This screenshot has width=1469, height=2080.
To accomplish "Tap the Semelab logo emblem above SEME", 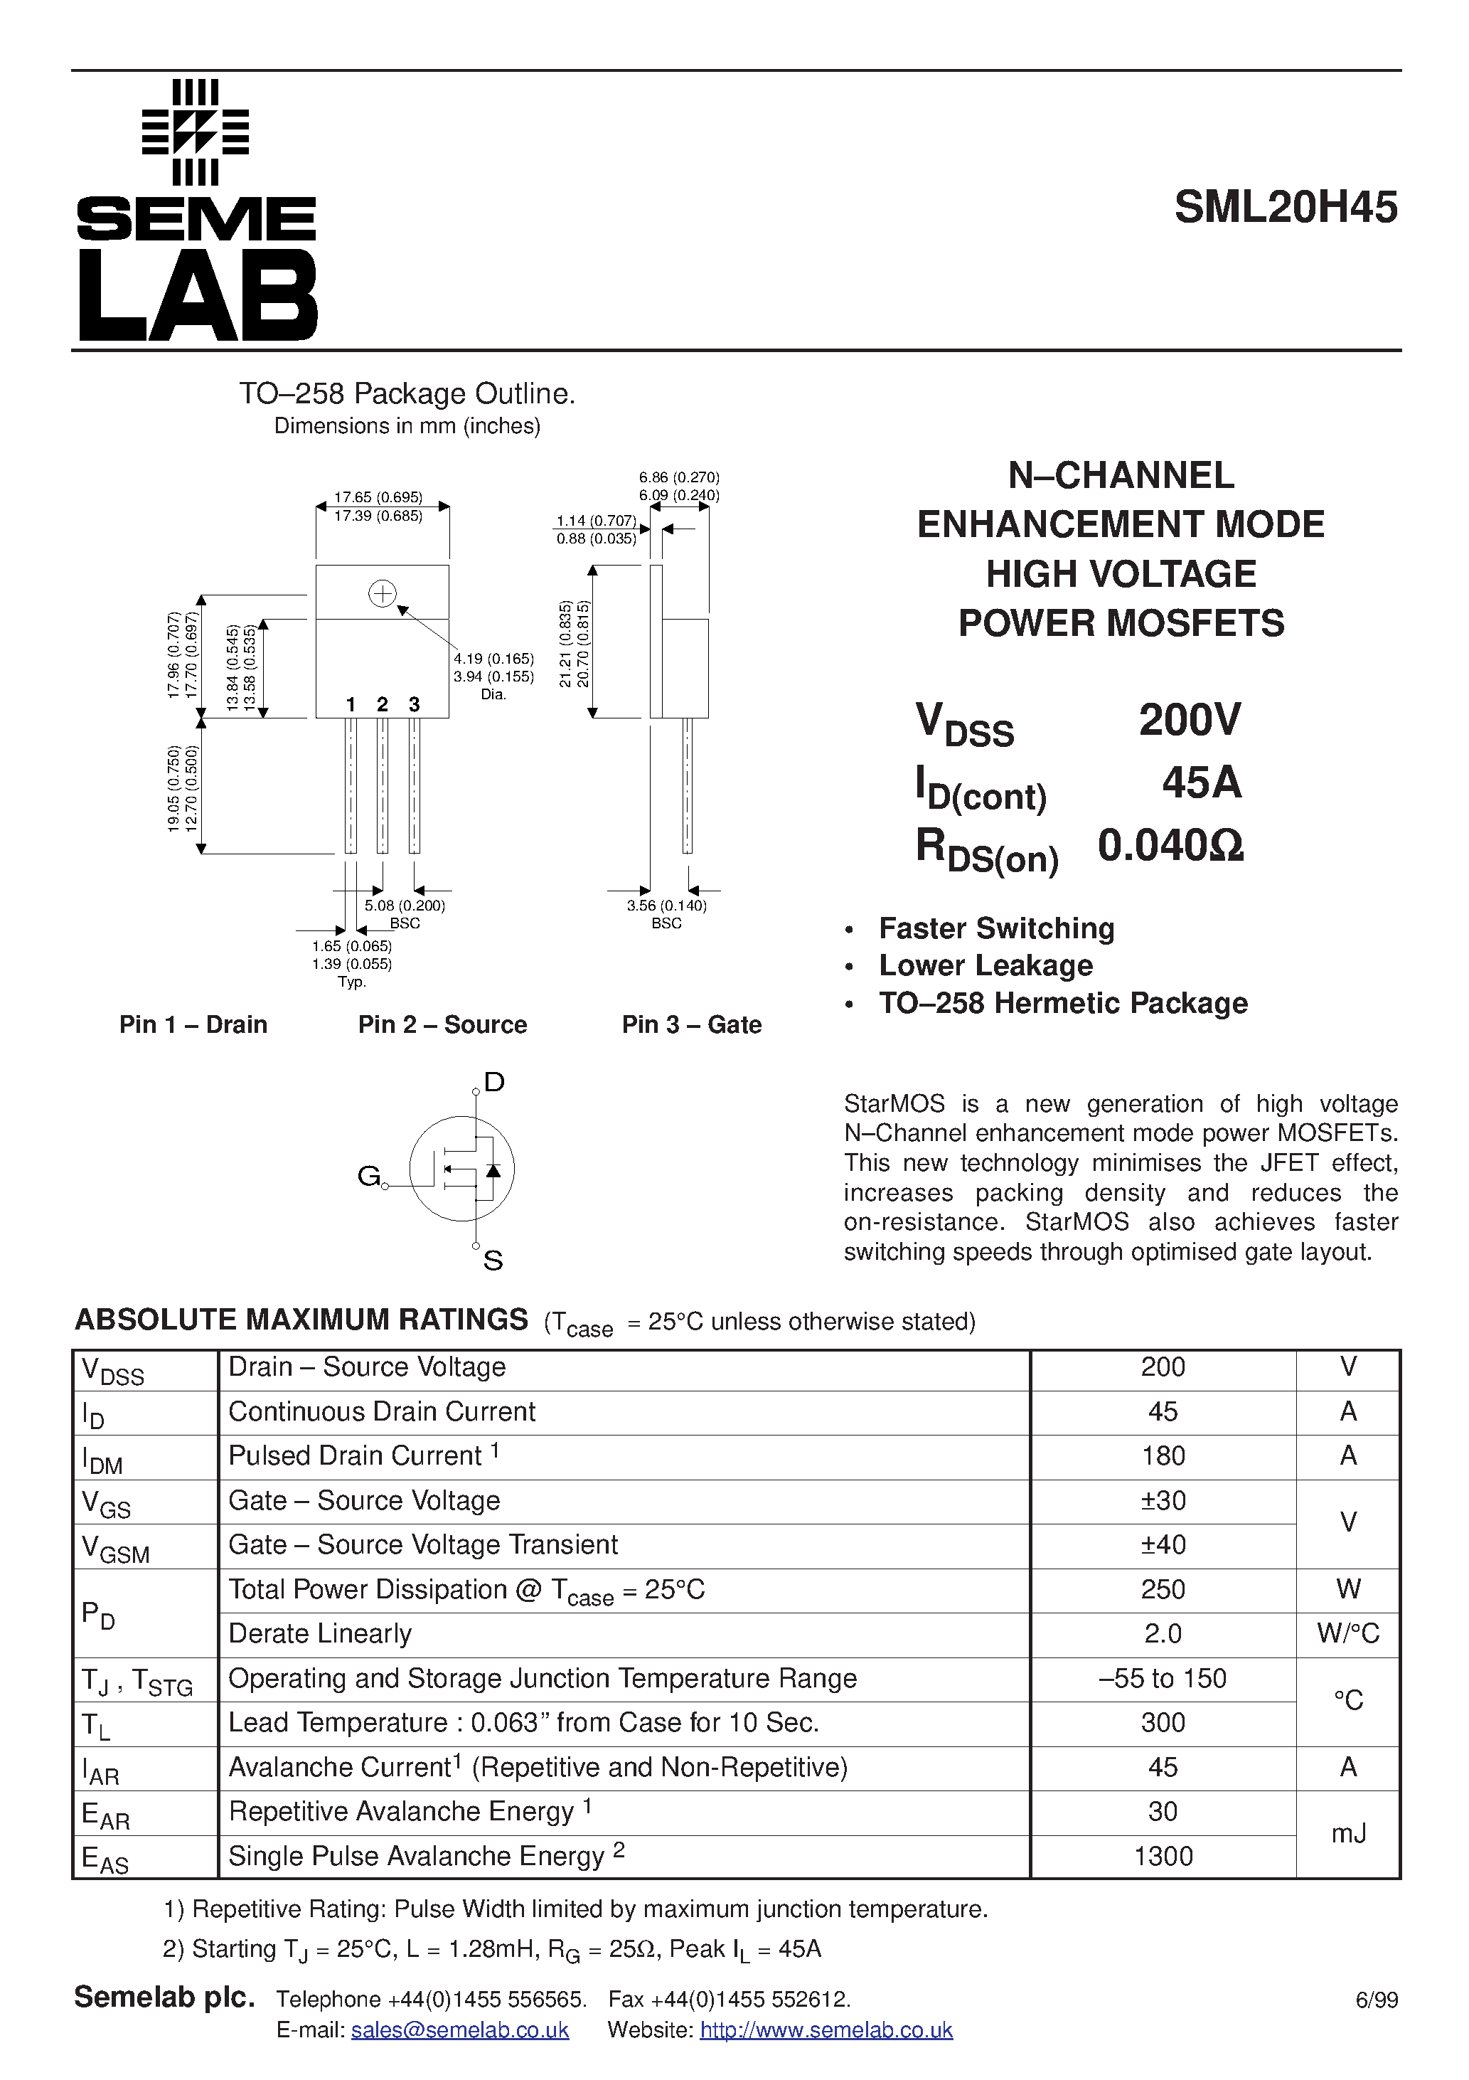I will coord(196,132).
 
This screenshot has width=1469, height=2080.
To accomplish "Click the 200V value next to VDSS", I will coord(1188,720).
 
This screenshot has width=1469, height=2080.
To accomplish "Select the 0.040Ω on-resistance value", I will coord(1170,845).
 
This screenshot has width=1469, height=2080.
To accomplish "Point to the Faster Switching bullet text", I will coord(996,928).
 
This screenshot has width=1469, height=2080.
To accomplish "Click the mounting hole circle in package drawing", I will coord(383,593).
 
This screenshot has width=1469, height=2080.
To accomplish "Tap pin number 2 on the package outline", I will coord(383,704).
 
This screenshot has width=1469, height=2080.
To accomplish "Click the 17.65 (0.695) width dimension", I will coord(378,497).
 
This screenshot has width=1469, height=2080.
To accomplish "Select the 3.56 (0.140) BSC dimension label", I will coord(666,906).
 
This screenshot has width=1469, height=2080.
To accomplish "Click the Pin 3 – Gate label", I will coord(691,1024).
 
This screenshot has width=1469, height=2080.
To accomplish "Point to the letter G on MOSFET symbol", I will coord(368,1176).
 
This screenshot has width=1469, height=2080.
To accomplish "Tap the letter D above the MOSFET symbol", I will coord(493,1082).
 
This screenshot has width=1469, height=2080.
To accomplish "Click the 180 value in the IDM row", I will coord(1162,1456).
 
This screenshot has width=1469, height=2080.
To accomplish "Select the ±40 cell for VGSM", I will coord(1162,1544).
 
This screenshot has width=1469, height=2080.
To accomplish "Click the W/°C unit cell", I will coord(1347,1633).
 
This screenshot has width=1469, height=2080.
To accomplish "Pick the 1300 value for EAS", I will coord(1162,1856).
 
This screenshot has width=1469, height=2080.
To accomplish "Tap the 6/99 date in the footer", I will coord(1376,2000).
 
